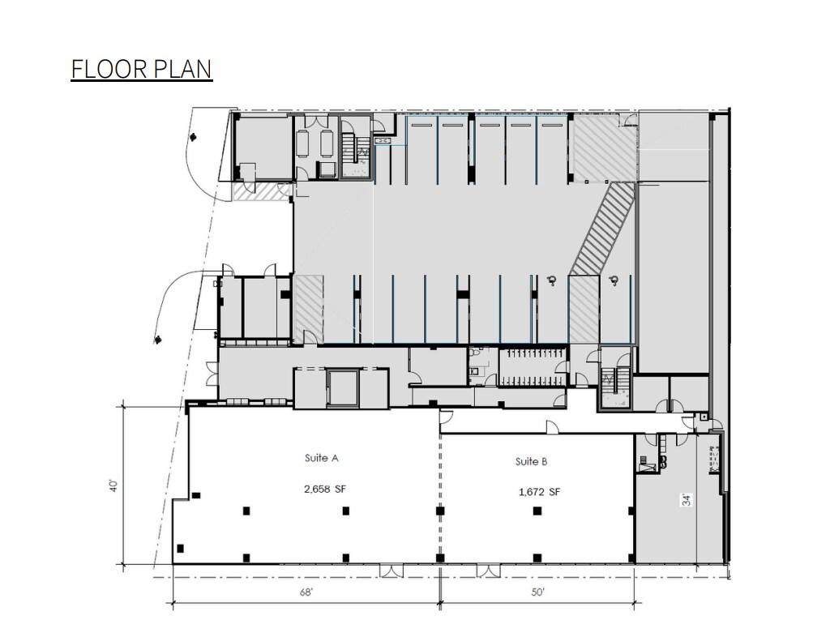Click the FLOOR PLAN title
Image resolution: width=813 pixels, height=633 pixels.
coord(141,69)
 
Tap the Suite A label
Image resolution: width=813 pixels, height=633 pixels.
coord(321,458)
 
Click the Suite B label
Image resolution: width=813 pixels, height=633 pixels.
coord(531,461)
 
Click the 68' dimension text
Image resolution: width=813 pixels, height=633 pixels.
coord(306,592)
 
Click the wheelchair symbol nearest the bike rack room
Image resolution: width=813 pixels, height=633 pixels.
coord(551,280)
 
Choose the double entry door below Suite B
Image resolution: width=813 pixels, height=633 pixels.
coord(488,570)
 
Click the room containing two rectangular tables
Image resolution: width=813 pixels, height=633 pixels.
coord(315,146)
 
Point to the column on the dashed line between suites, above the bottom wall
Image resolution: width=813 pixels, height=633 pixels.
coord(440,558)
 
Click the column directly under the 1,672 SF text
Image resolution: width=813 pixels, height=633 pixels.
coord(536,511)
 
